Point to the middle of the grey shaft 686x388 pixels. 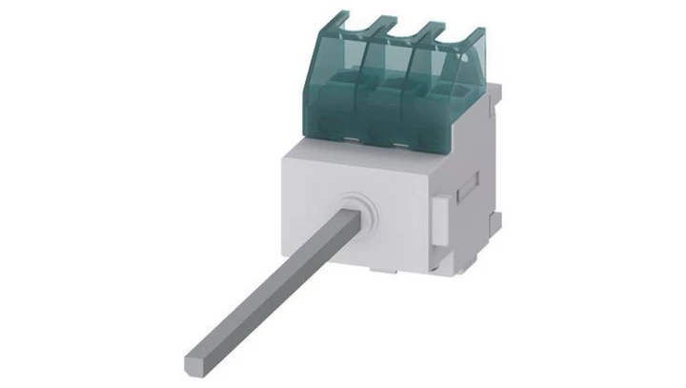pos(276,286)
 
